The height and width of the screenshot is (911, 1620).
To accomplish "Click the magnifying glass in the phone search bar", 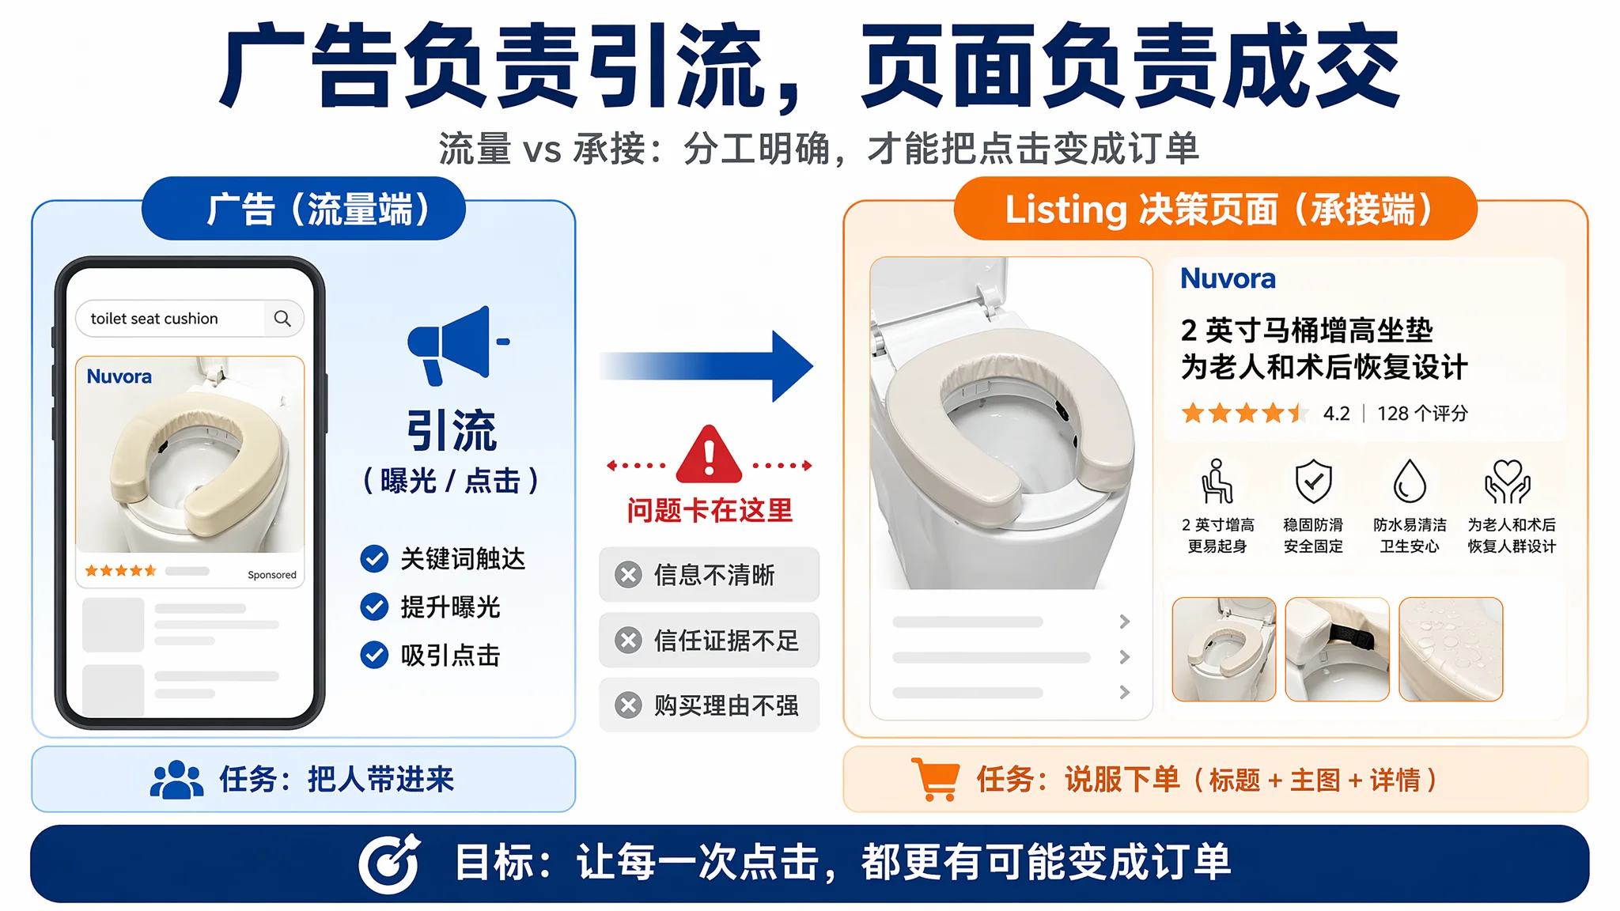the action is coord(282,318).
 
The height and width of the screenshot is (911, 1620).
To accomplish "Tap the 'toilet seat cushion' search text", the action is coord(154,319).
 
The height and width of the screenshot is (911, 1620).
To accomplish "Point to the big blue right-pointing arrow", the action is coord(706,366).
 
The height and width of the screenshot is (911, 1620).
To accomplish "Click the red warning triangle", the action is coord(709,455).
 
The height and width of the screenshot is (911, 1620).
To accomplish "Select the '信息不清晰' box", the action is coord(709,575).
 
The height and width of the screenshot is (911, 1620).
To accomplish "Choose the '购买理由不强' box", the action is coord(709,705).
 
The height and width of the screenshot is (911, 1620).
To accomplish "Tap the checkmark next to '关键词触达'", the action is coord(374,558).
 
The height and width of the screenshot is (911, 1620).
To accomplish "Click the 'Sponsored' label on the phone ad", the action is coord(272,575).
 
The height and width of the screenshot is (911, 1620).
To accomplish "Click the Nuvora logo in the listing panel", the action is coord(1228,278).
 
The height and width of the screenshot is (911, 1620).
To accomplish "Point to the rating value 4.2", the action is coord(1337,414).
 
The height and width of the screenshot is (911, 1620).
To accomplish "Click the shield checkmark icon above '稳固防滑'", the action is coord(1313,481).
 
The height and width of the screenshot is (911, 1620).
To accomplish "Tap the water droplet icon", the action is coord(1410,481).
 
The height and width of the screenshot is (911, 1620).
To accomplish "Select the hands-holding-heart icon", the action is coord(1508,481).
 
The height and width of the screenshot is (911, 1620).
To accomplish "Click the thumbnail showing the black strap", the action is coord(1338,649).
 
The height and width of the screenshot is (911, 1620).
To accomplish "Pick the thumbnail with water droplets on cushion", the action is coord(1451,649).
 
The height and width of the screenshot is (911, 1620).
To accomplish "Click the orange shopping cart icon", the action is coord(936,779).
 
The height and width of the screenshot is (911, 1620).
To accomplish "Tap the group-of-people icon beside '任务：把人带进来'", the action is coord(177,780).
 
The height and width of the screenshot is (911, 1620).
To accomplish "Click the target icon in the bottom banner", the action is coord(389,863).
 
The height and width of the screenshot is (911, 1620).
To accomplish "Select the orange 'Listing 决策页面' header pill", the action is coord(1216,209).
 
